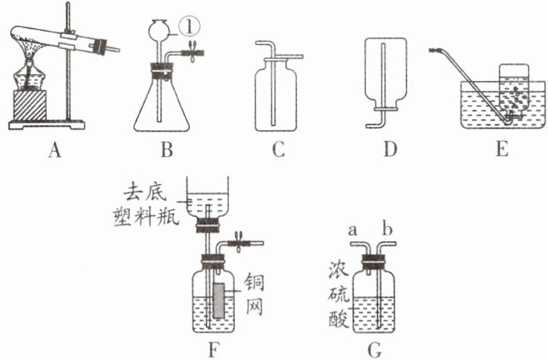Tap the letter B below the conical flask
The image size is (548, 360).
point(166,151)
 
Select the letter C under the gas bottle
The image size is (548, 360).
point(278,151)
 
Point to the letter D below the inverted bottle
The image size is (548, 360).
point(390,151)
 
